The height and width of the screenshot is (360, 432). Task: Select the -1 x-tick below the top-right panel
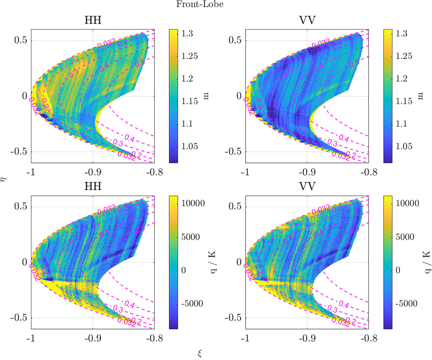[246, 172]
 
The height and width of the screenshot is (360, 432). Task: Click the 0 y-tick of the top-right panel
[240, 96]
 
